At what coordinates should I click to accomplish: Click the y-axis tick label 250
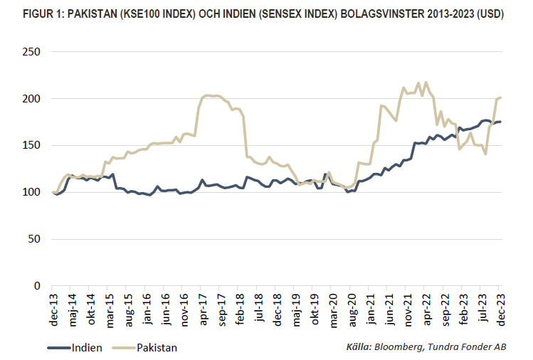(31, 52)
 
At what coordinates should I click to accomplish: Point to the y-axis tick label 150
(31, 145)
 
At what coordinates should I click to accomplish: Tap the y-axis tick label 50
(34, 239)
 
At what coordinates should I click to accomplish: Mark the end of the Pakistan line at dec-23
(501, 97)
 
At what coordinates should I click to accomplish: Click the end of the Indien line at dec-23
(501, 122)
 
